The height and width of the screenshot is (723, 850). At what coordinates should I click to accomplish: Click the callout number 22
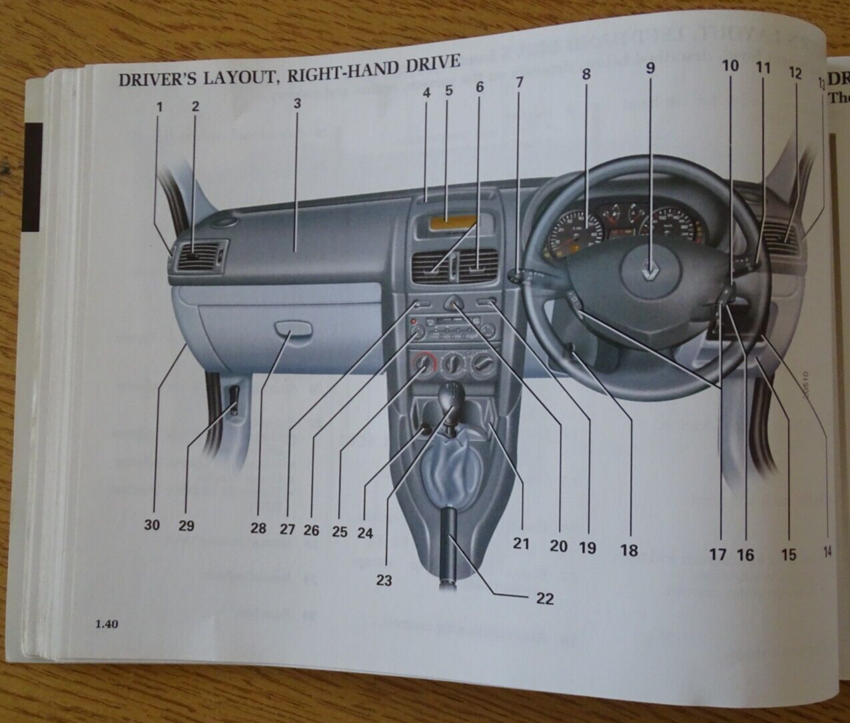(x=545, y=599)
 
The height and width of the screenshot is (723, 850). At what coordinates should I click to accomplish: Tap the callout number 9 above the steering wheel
(x=650, y=67)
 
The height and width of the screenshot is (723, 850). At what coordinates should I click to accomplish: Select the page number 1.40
(x=107, y=624)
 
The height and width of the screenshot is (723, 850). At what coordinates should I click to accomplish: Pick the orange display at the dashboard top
(x=452, y=223)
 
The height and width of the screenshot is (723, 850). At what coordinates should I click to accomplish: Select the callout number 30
(x=152, y=525)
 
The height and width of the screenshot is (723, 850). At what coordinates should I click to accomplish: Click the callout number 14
(x=827, y=551)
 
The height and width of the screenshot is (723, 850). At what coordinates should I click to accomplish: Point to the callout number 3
(x=297, y=103)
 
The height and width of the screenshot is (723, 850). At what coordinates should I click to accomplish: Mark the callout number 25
(x=340, y=531)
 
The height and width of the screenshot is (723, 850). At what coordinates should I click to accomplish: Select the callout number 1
(x=159, y=105)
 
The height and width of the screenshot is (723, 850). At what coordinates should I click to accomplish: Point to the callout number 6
(x=480, y=87)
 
